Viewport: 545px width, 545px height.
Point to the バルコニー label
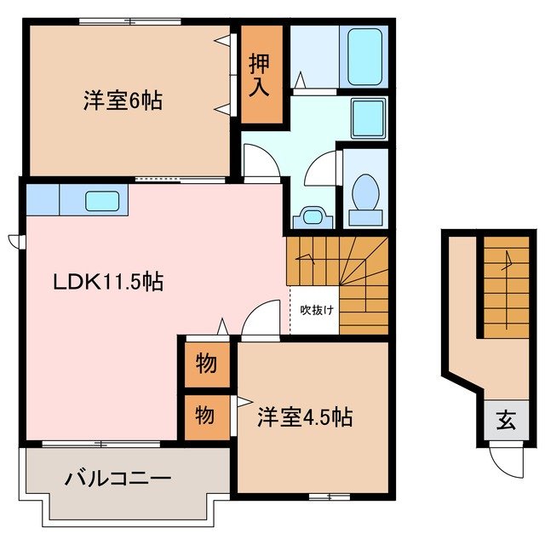(118, 479)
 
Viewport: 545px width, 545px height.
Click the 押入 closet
(261, 74)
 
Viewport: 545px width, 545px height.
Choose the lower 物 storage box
(205, 416)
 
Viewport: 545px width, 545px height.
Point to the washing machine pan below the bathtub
(368, 117)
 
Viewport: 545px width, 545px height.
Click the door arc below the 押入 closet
(258, 159)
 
